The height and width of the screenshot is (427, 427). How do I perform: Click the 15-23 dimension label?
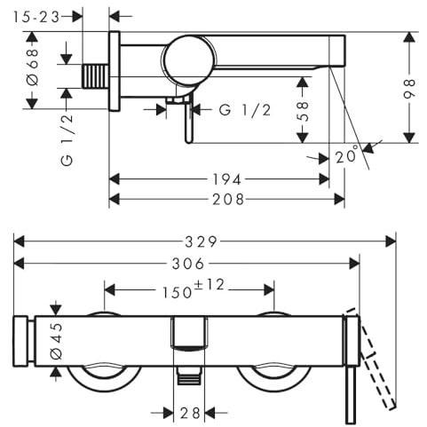pos(36,17)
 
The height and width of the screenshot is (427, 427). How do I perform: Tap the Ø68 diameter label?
pos(33,67)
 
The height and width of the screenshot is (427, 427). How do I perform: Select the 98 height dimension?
pos(409,88)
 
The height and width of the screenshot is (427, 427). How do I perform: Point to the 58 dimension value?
pos(302,112)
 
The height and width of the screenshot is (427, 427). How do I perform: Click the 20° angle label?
pos(347,154)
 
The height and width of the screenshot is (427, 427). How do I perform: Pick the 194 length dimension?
pos(227,179)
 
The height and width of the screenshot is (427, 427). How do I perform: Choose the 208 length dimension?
pos(228,200)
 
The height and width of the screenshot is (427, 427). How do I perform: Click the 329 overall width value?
pos(202,242)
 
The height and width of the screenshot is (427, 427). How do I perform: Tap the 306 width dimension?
pos(188,264)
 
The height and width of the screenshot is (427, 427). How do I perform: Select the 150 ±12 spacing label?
pos(194,289)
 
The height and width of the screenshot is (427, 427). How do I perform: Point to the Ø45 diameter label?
pos(57,341)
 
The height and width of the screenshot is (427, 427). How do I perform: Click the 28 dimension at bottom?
pos(190,413)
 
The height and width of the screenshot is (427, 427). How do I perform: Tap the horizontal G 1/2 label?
pos(245,110)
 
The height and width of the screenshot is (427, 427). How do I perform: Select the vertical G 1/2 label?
pos(67,139)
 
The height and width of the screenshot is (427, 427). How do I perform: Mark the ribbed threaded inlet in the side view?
pos(96,76)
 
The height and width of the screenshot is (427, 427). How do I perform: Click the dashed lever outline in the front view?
pos(371,358)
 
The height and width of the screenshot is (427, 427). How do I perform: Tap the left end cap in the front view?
pos(20,341)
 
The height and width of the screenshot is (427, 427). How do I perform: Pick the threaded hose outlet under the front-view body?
pos(189,376)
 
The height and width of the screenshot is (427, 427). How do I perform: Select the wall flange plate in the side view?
pos(115,71)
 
